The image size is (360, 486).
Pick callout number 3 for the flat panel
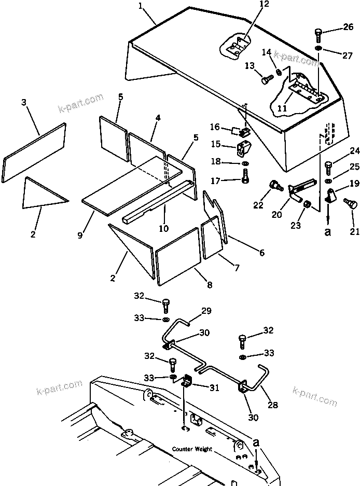(24, 103)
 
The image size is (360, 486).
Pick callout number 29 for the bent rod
(206, 311)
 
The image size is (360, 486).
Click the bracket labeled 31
(186, 383)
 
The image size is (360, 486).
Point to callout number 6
(261, 253)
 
